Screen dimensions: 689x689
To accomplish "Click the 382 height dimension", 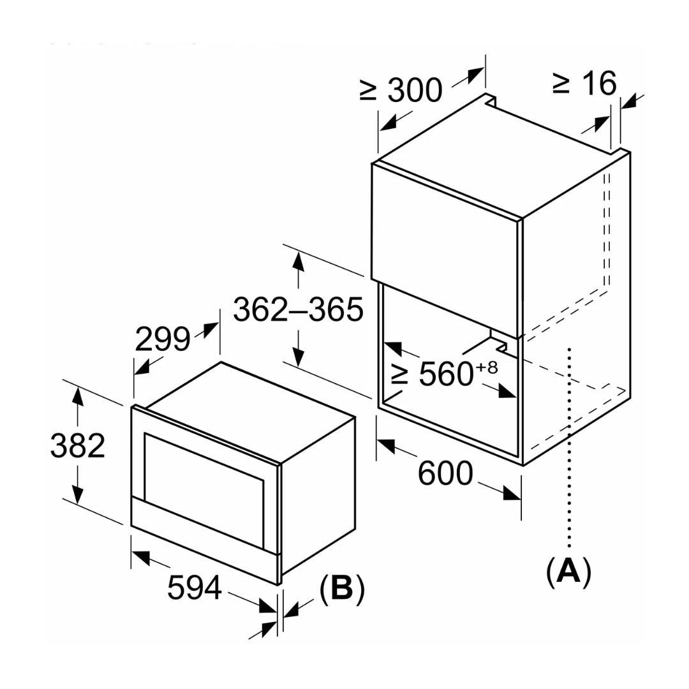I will point(77,446).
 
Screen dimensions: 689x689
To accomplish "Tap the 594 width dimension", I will point(195,587).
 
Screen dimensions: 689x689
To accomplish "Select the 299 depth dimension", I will point(162,339).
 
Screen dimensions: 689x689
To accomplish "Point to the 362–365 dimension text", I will point(298,310).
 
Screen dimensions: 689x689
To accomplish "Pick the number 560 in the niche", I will point(445,375).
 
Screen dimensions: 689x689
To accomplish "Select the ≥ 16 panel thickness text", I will point(584,83).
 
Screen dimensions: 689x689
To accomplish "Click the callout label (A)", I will point(568,572).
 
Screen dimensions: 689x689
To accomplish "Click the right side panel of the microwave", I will point(317,491).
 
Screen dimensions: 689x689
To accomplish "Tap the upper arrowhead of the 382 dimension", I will point(77,396).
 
